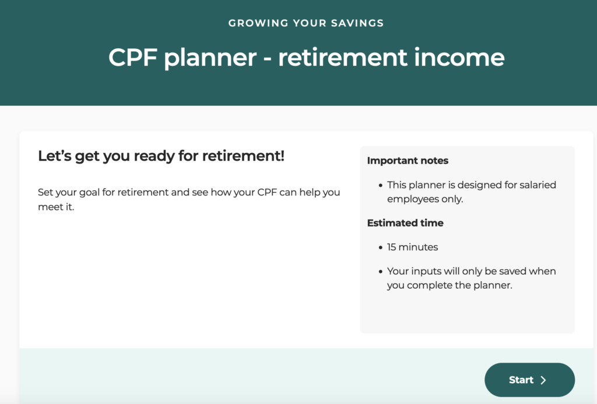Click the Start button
529,380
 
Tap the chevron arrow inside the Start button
543,380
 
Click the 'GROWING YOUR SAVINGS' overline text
306,23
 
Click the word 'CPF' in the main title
133,58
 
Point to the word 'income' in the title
459,58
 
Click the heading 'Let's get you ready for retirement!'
161,156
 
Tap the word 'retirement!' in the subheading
243,156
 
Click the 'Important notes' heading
408,161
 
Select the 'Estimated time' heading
405,223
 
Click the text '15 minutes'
412,247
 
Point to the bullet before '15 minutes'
380,248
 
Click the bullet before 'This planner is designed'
380,186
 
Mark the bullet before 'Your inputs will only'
380,272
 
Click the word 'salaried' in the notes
539,185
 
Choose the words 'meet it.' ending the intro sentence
56,207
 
